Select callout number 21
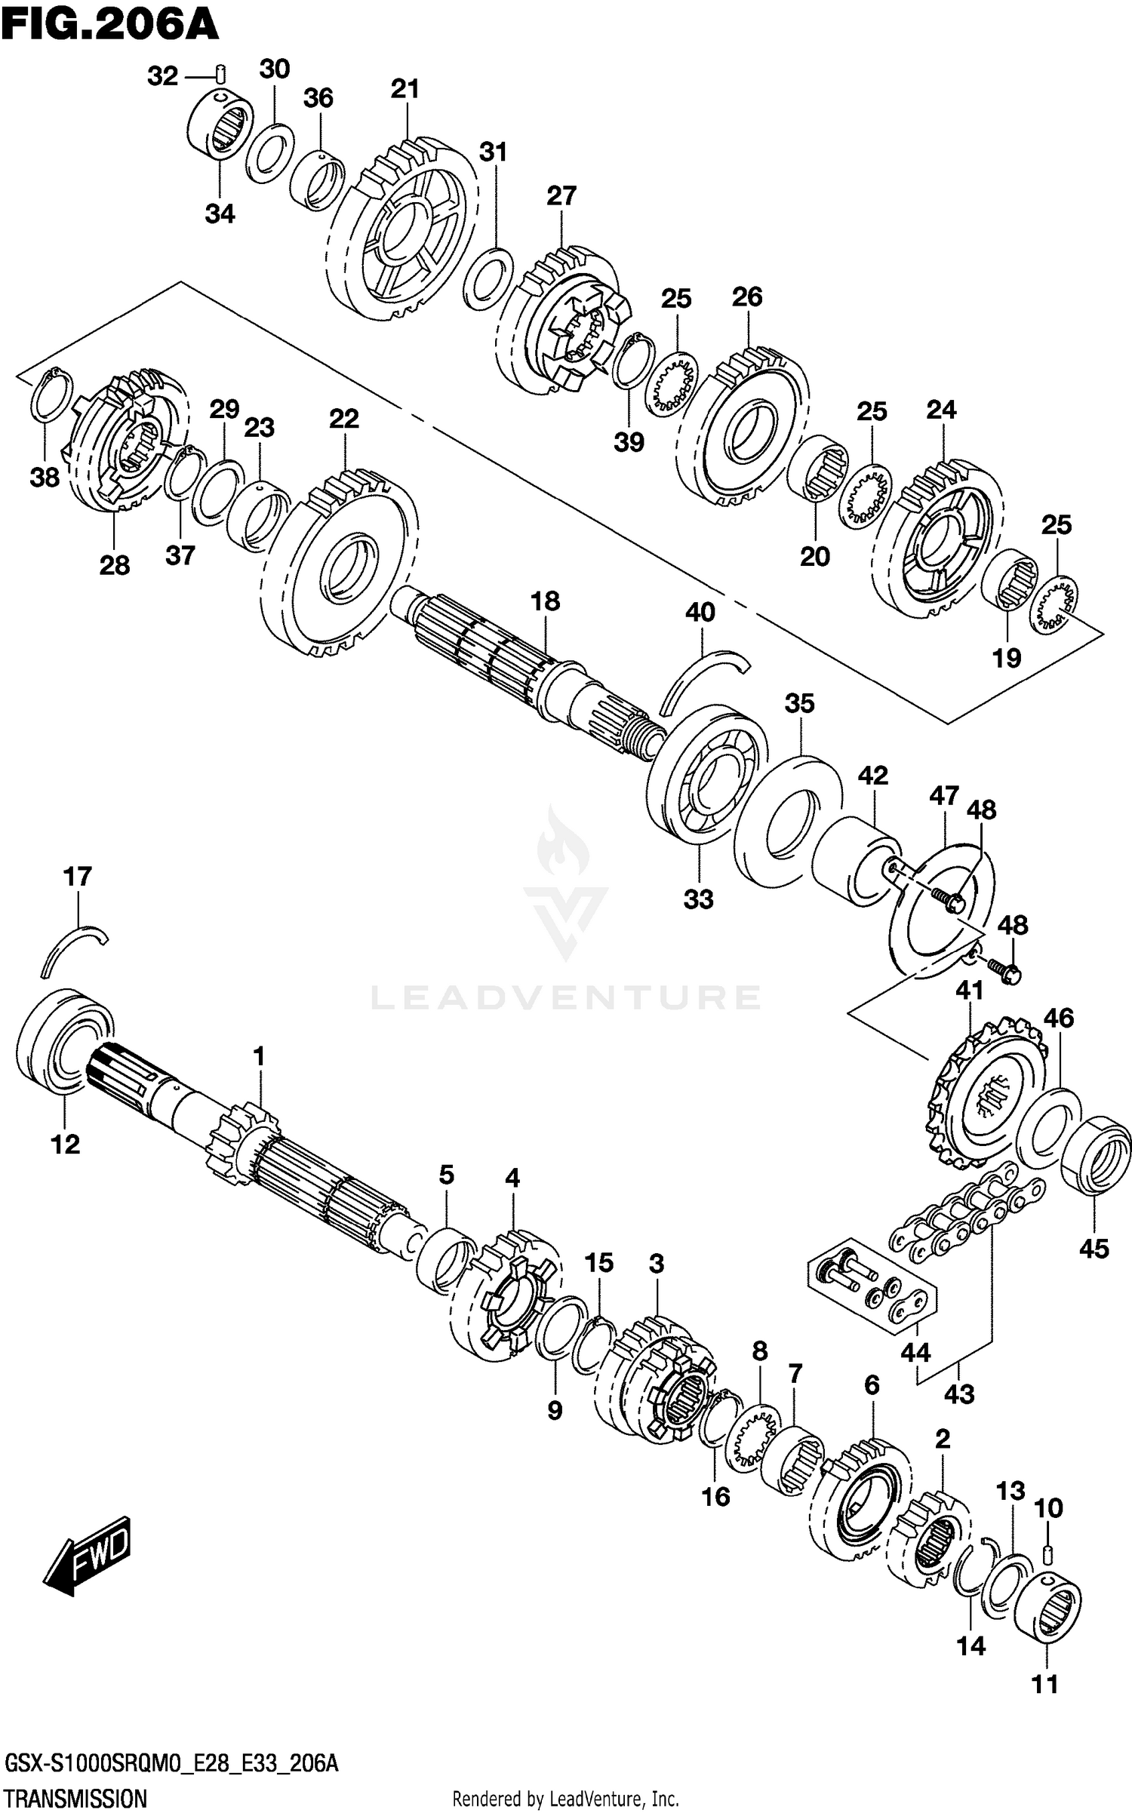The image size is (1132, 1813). (x=405, y=89)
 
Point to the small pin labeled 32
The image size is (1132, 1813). (x=221, y=75)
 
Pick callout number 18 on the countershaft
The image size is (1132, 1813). (x=545, y=601)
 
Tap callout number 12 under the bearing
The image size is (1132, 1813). (x=65, y=1145)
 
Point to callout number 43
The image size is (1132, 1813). (x=959, y=1394)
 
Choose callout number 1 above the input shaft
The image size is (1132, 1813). (x=259, y=1057)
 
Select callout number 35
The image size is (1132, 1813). (x=800, y=703)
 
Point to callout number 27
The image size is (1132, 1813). (x=561, y=196)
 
